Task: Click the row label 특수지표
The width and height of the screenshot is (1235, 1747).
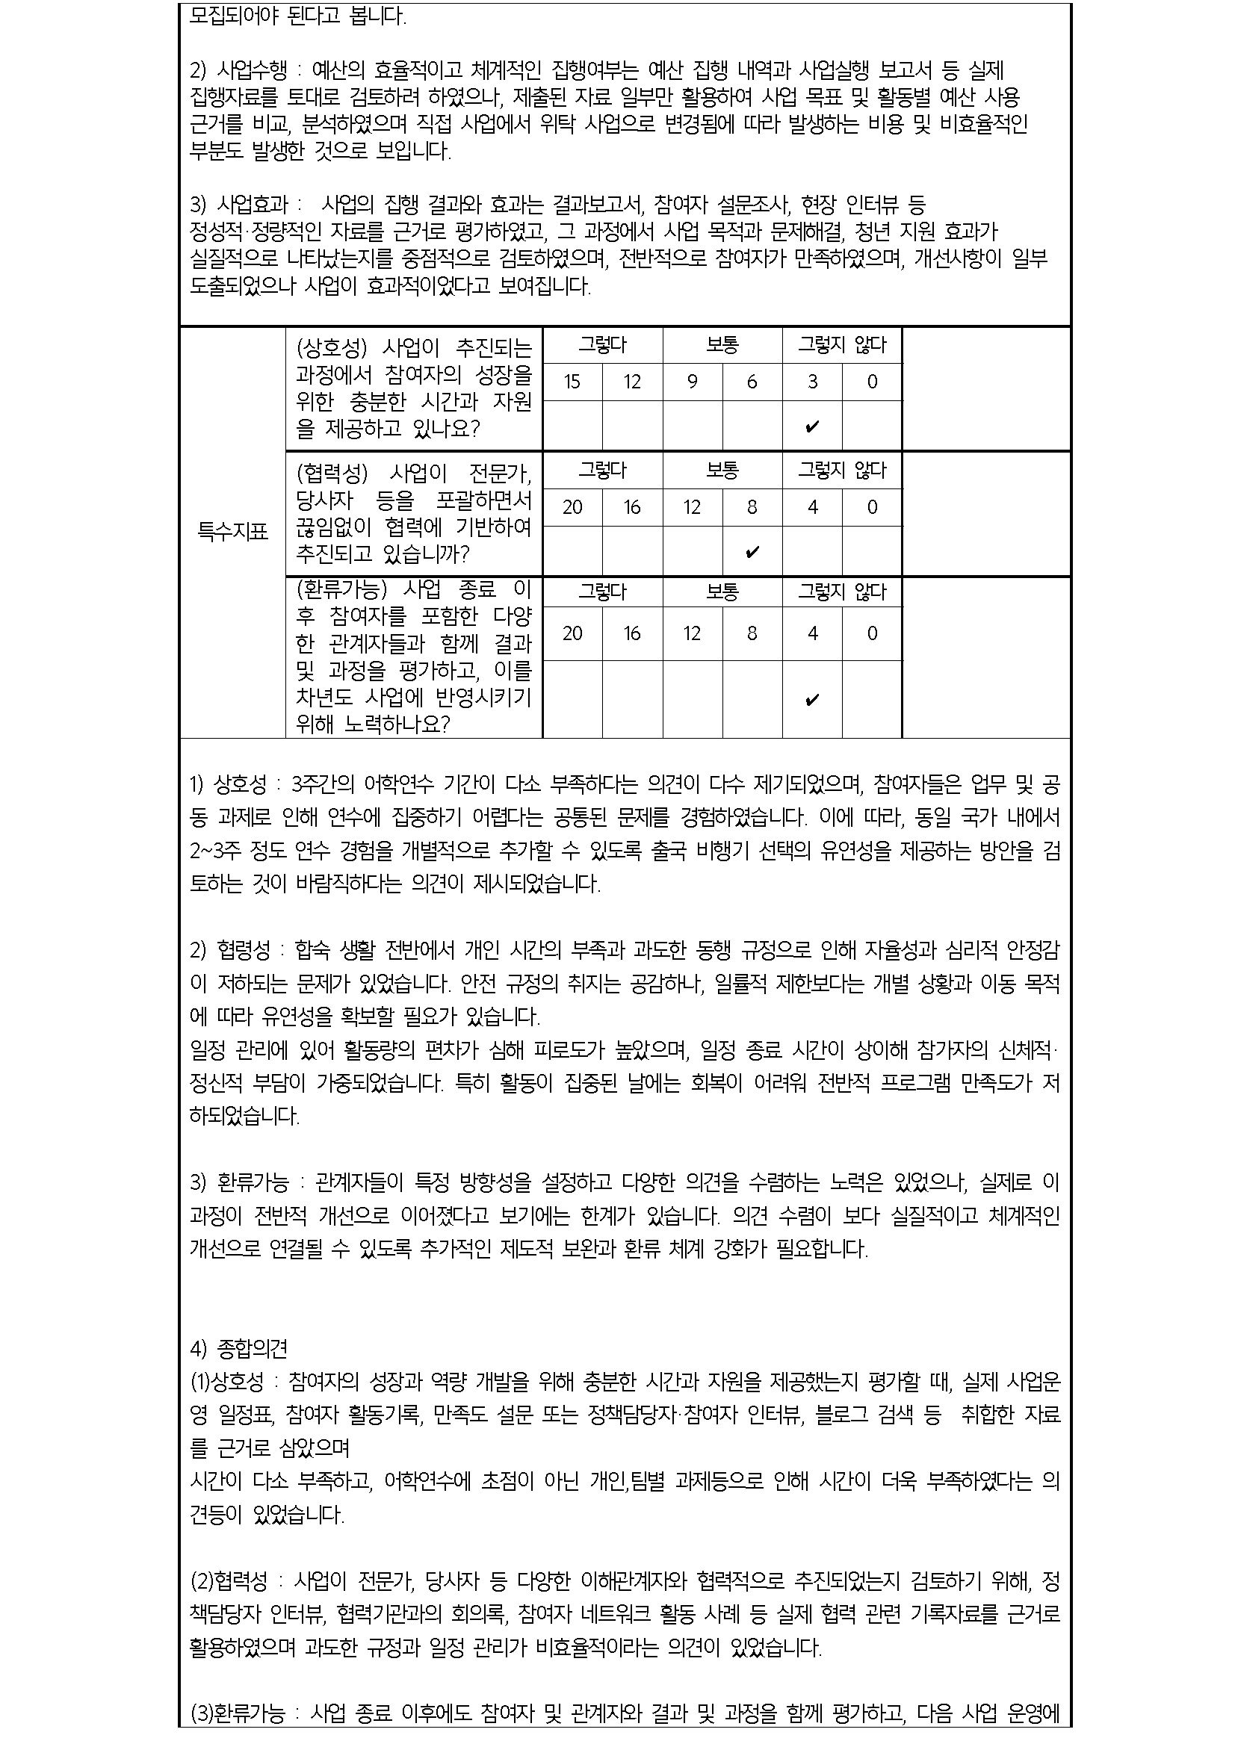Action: coord(233,532)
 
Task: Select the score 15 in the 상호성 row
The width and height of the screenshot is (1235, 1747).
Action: coord(572,382)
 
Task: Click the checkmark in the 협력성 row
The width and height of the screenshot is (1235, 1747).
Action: coord(752,553)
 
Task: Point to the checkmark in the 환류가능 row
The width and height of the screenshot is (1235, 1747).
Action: coord(812,700)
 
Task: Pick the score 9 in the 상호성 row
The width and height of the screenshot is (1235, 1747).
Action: coord(692,382)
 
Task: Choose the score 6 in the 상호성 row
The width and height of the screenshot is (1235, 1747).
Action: coord(752,382)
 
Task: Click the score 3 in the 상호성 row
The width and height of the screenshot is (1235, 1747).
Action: coord(812,382)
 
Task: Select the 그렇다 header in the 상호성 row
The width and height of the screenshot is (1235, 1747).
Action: coord(602,346)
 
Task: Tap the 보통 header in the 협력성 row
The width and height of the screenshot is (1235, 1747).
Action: coord(722,471)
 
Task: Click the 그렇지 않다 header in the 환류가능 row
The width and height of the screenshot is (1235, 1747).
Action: coord(841,592)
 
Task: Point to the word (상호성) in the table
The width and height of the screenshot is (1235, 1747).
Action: coord(331,349)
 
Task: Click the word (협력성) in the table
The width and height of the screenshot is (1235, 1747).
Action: coord(331,474)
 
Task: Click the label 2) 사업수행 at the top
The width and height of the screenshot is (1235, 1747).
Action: coord(238,72)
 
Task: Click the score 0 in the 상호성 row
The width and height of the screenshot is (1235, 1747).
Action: coord(872,382)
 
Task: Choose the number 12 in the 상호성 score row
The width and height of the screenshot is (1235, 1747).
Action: coord(632,382)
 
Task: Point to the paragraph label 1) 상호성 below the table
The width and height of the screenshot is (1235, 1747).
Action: coord(229,783)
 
